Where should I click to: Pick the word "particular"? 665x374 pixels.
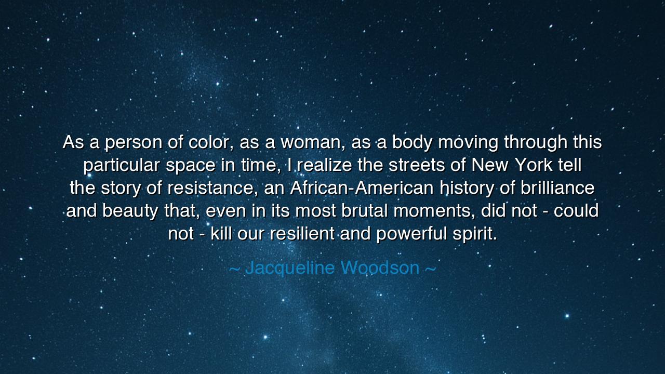121,165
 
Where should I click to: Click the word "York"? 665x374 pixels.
535,165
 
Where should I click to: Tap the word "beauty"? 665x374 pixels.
123,211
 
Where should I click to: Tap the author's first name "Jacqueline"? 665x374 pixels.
290,268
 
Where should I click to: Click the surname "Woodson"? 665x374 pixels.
380,268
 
